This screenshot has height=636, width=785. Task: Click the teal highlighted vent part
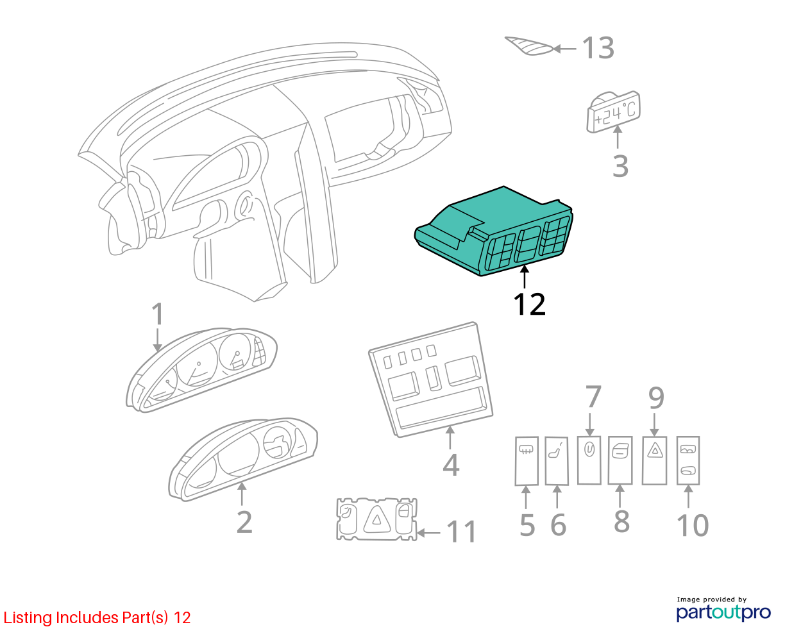[494, 232]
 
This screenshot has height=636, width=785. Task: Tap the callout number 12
[529, 305]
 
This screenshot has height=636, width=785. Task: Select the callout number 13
[598, 48]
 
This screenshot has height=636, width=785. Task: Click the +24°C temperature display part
[614, 112]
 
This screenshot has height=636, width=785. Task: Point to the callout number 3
[620, 167]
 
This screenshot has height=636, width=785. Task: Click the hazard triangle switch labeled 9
[655, 460]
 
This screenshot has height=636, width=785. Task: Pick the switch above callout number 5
[527, 461]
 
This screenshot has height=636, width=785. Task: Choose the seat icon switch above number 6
[557, 461]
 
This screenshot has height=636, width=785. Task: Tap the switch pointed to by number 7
[589, 460]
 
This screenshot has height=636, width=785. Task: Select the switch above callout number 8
[620, 460]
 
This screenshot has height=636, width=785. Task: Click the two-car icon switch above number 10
[688, 460]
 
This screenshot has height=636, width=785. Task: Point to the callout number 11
[461, 532]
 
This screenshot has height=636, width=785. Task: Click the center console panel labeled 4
[430, 380]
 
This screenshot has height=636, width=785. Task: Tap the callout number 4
[451, 465]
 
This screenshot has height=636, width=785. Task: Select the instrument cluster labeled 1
[201, 369]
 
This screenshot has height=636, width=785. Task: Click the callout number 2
[244, 523]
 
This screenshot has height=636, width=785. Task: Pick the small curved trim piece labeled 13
[529, 46]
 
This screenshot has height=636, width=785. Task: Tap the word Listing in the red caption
[28, 618]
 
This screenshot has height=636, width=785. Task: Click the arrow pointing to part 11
[428, 533]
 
